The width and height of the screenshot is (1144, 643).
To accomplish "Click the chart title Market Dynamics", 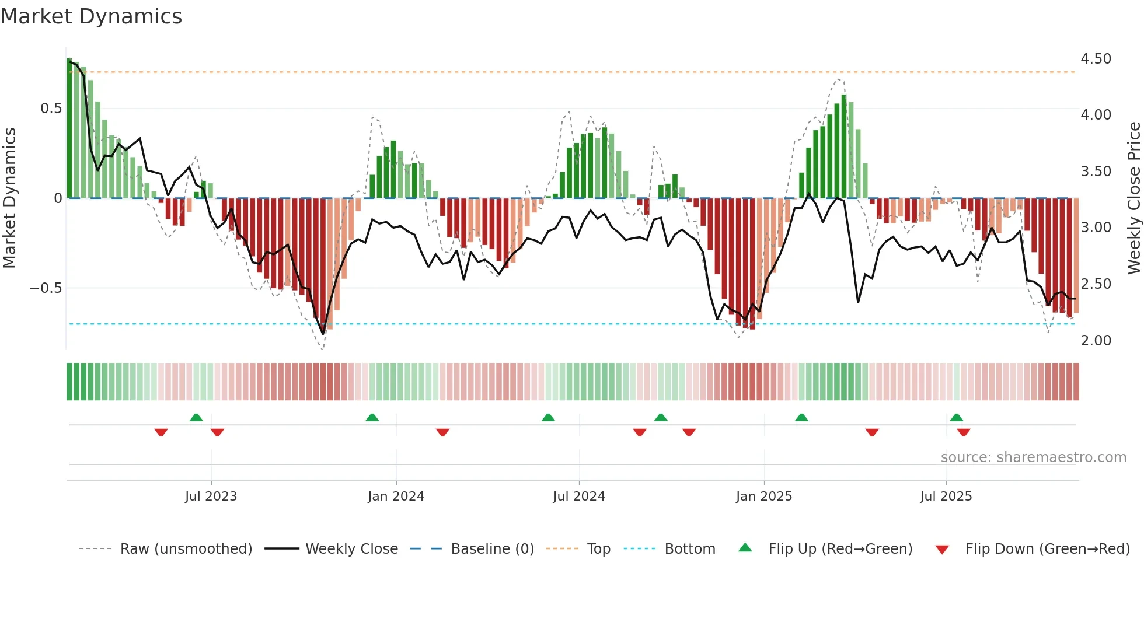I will pyautogui.click(x=91, y=16).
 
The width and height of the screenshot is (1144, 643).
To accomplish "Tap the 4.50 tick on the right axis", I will pyautogui.click(x=1096, y=59).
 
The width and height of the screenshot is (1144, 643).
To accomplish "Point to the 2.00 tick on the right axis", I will pyautogui.click(x=1096, y=341).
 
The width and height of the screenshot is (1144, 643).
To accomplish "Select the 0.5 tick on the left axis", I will pyautogui.click(x=51, y=109).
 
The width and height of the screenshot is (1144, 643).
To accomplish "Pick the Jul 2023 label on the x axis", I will pyautogui.click(x=211, y=497).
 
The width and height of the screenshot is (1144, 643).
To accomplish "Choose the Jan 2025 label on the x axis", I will pyautogui.click(x=763, y=497).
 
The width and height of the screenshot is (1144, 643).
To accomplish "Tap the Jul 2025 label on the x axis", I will pyautogui.click(x=946, y=497).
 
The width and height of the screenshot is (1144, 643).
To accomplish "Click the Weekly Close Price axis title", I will pyautogui.click(x=1133, y=198).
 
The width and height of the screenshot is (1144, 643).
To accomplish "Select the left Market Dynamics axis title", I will pyautogui.click(x=9, y=198).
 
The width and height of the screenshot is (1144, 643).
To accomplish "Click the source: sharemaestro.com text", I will pyautogui.click(x=1033, y=457).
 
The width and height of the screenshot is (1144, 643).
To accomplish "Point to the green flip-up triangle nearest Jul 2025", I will pyautogui.click(x=956, y=418).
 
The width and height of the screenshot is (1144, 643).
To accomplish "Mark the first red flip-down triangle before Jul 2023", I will pyautogui.click(x=161, y=432).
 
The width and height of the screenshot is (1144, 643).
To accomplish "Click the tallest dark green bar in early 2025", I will pyautogui.click(x=844, y=146).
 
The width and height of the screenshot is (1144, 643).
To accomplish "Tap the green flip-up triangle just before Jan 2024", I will pyautogui.click(x=372, y=418).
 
